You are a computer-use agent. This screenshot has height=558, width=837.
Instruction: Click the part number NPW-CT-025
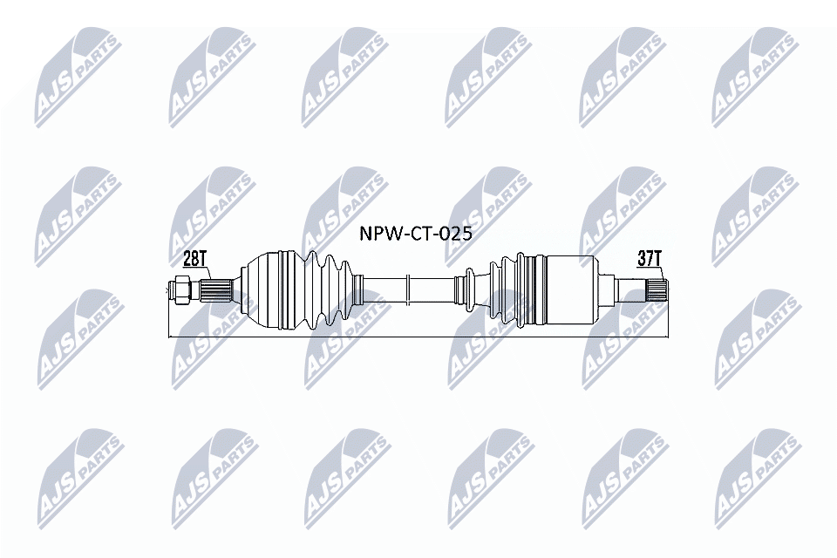coord(417,234)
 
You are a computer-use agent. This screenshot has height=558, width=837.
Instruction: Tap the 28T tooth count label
coord(194,258)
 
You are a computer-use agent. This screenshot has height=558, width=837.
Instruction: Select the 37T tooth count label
coord(650,258)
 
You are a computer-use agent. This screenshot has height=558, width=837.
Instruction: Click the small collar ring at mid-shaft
coord(407,288)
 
